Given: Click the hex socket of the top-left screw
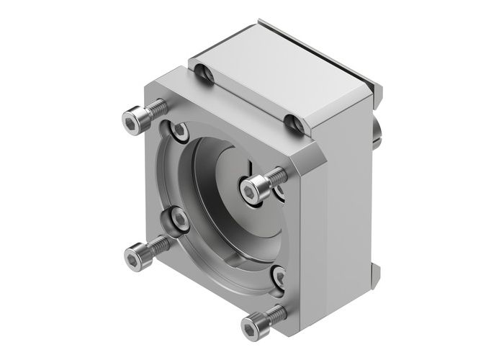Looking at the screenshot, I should (x=130, y=123).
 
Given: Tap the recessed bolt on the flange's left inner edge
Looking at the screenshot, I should (x=178, y=220).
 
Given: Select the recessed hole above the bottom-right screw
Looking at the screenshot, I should (x=278, y=276).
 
